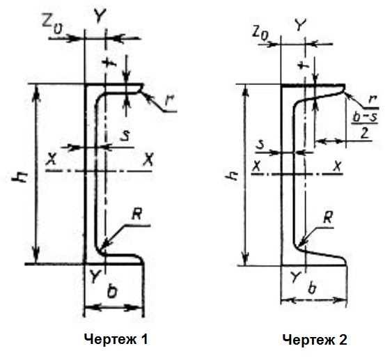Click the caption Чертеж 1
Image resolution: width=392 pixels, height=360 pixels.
[116, 340]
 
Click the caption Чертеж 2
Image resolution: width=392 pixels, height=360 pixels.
[315, 340]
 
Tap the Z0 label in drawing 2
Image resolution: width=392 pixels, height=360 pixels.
[260, 33]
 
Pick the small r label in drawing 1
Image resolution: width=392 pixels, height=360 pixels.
[169, 100]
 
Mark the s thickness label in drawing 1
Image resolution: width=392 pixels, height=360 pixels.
[125, 136]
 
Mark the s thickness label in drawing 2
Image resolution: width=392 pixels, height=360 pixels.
[260, 145]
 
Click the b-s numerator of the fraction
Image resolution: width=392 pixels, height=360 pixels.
[365, 117]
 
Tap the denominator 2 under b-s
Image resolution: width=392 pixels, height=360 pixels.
[365, 133]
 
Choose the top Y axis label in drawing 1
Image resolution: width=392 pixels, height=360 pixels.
[100, 15]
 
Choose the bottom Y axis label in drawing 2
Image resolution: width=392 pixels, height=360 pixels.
[296, 276]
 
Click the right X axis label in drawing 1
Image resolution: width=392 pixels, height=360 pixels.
[148, 159]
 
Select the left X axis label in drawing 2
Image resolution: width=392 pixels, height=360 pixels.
[256, 166]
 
